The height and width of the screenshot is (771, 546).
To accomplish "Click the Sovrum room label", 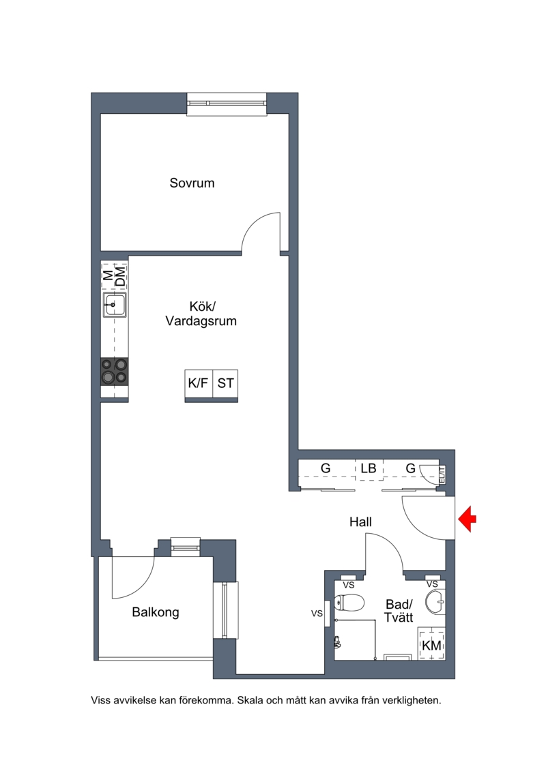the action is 192,183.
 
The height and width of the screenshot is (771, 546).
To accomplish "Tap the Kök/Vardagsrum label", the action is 201,314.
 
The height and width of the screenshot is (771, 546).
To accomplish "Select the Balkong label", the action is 155,613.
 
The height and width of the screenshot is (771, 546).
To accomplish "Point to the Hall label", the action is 360,521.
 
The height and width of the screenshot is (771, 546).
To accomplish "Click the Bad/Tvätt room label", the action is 399,611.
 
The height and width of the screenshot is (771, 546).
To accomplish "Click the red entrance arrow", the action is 468,519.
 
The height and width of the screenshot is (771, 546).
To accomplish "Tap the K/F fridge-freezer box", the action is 199,383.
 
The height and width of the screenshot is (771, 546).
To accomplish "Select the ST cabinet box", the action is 225,383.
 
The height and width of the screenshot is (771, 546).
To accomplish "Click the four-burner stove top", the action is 114,372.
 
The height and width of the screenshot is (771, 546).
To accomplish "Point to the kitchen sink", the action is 115,305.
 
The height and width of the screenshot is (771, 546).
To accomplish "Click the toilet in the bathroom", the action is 349,602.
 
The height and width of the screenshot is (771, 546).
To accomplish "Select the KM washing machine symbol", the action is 432,645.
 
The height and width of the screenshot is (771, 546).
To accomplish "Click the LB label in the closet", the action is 369,468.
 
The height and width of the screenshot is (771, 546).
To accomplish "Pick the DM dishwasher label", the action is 120,276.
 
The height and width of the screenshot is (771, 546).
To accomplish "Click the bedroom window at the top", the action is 227,104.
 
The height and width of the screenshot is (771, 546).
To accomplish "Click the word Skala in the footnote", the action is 250,700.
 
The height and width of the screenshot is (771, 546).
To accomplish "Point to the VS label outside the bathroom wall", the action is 317,613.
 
